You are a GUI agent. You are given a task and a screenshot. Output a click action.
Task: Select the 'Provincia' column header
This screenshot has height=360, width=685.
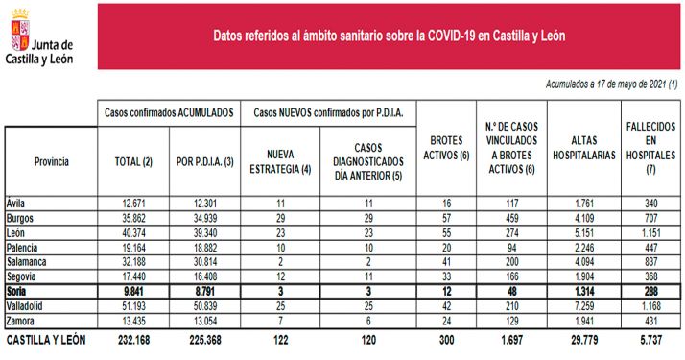pyautogui.click(x=51, y=161)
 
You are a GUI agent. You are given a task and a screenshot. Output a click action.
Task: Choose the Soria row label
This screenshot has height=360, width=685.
pyautogui.click(x=18, y=291)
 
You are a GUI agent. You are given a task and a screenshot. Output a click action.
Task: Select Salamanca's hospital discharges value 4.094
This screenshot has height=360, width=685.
pyautogui.click(x=585, y=261)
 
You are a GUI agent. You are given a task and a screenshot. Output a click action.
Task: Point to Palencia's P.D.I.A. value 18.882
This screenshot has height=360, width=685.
pyautogui.click(x=202, y=247)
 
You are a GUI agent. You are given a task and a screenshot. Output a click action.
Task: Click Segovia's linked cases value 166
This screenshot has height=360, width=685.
pyautogui.click(x=519, y=276)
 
